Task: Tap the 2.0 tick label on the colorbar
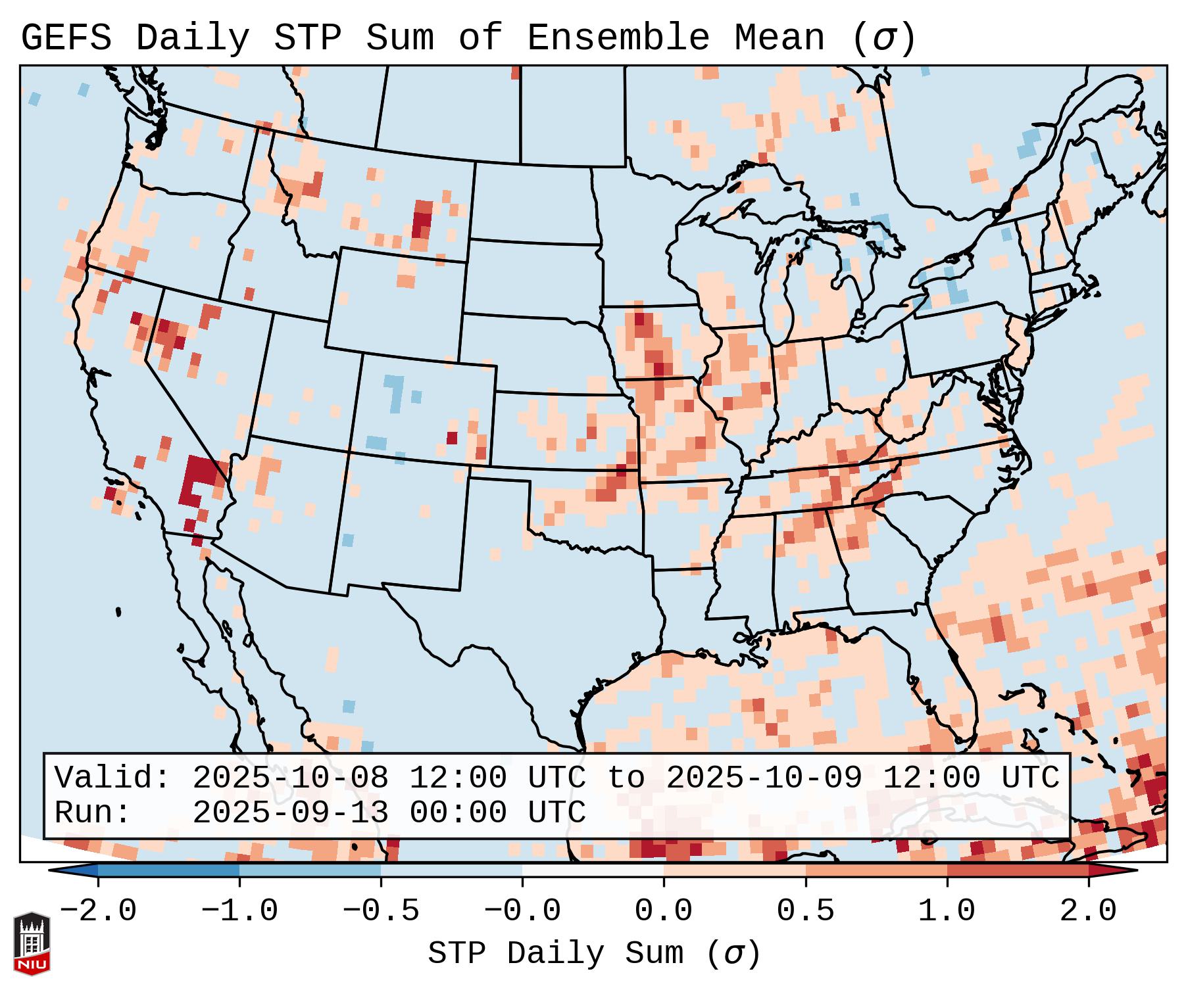pyautogui.click(x=1088, y=911)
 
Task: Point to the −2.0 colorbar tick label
pyautogui.click(x=98, y=911)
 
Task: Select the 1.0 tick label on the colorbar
pyautogui.click(x=947, y=911)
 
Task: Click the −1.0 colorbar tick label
pyautogui.click(x=239, y=911)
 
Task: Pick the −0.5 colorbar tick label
pyautogui.click(x=381, y=911)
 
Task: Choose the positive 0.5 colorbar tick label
pyautogui.click(x=805, y=911)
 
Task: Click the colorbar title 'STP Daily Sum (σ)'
pyautogui.click(x=594, y=954)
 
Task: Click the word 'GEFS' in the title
pyautogui.click(x=66, y=38)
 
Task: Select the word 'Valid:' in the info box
pyautogui.click(x=112, y=778)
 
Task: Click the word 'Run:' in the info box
pyautogui.click(x=93, y=813)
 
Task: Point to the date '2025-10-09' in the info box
pyautogui.click(x=764, y=778)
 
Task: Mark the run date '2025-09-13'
pyautogui.click(x=290, y=813)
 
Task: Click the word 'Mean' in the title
pyautogui.click(x=779, y=38)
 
